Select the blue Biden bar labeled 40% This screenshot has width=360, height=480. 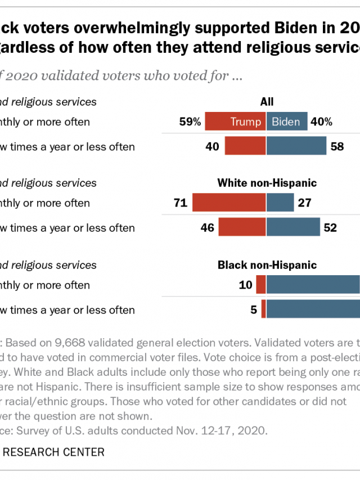pyautogui.click(x=287, y=122)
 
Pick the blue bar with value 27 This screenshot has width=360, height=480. pyautogui.click(x=280, y=203)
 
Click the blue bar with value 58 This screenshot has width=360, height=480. pyautogui.click(x=296, y=146)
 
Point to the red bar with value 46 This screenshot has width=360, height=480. pyautogui.click(x=242, y=227)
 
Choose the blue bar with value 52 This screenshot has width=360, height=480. pyautogui.click(x=293, y=227)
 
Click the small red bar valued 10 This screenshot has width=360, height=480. pyautogui.click(x=261, y=285)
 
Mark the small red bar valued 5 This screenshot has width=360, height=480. pyautogui.click(x=263, y=309)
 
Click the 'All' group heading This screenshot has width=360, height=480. pyautogui.click(x=267, y=102)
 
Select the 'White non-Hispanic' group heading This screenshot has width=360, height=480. pyautogui.click(x=267, y=183)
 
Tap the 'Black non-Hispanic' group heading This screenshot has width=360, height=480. pyautogui.click(x=267, y=265)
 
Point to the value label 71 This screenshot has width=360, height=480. pyautogui.click(x=180, y=203)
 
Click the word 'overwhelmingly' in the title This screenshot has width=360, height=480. pyautogui.click(x=107, y=26)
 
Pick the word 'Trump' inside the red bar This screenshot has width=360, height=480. pyautogui.click(x=246, y=122)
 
